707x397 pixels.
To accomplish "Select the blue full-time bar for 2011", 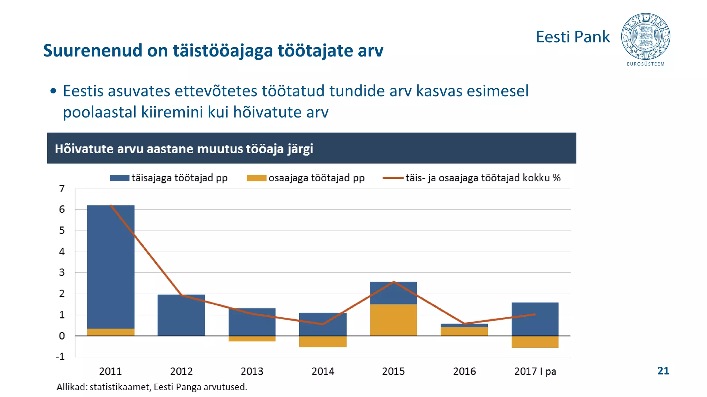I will pyautogui.click(x=111, y=265).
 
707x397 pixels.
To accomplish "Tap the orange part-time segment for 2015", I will pyautogui.click(x=394, y=320).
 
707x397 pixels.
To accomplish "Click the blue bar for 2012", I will pyautogui.click(x=181, y=315).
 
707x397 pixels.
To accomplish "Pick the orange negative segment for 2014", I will pyautogui.click(x=323, y=342).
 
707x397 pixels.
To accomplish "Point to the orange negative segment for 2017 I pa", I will pyautogui.click(x=535, y=342).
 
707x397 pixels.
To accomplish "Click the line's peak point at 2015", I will pyautogui.click(x=394, y=282).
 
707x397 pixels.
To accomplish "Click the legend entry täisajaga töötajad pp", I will pyautogui.click(x=168, y=178).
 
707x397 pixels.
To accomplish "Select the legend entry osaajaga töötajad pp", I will pyautogui.click(x=306, y=178).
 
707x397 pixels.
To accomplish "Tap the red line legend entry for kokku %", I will pyautogui.click(x=472, y=178).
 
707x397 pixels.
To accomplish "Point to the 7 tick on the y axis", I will pyautogui.click(x=62, y=189).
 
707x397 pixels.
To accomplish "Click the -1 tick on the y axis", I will pyautogui.click(x=60, y=357).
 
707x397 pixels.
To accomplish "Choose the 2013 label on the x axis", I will pyautogui.click(x=252, y=371).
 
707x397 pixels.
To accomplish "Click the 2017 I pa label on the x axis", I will pyautogui.click(x=535, y=371).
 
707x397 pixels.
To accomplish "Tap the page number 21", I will pyautogui.click(x=663, y=371).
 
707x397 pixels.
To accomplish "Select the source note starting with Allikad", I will pyautogui.click(x=152, y=387).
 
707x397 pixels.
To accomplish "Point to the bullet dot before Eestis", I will pyautogui.click(x=53, y=91).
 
